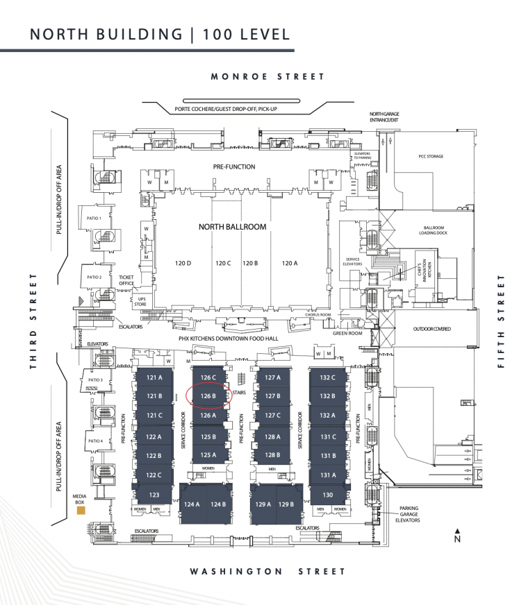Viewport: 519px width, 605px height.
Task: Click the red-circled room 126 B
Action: tap(209, 396)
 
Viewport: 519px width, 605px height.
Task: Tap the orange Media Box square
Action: tap(82, 511)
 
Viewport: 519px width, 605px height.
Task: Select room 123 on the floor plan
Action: tap(154, 495)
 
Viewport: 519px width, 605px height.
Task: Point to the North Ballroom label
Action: tap(232, 227)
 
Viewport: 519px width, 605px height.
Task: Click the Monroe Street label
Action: tap(267, 77)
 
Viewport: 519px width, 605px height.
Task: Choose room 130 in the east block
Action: tap(328, 495)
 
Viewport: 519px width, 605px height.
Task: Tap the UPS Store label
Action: tap(140, 301)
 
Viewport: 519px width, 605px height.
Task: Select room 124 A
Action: tap(192, 504)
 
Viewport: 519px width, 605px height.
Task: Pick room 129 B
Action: tap(286, 504)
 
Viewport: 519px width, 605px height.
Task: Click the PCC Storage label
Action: tap(431, 157)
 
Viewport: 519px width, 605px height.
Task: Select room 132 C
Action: tap(328, 377)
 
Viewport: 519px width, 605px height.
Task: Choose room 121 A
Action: tap(154, 377)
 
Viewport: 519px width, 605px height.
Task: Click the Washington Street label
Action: tap(267, 571)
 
